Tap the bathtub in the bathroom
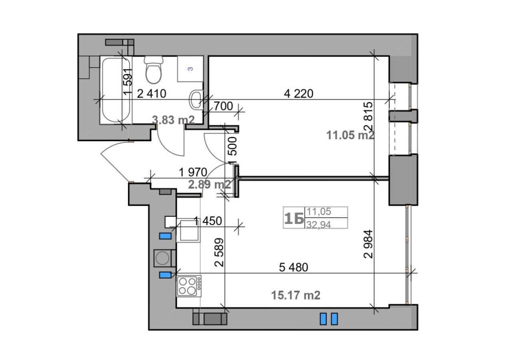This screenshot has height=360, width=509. pyautogui.click(x=116, y=90)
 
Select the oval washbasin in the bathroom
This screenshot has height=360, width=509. pyautogui.click(x=196, y=99)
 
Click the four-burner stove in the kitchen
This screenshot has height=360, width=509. pyautogui.click(x=189, y=286)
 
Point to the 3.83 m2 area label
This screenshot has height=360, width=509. pyautogui.click(x=173, y=120)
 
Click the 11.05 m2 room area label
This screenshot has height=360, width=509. pyautogui.click(x=350, y=135)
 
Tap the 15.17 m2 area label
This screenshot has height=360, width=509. pyautogui.click(x=296, y=295)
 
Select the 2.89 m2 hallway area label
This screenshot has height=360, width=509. pyautogui.click(x=210, y=184)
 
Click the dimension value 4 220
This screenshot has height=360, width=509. pyautogui.click(x=299, y=94)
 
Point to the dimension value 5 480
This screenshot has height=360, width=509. pyautogui.click(x=293, y=267)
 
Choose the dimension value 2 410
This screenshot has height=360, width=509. pyautogui.click(x=152, y=94)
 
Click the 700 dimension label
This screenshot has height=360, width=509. pyautogui.click(x=224, y=106)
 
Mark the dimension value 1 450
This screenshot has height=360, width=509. pyautogui.click(x=208, y=221)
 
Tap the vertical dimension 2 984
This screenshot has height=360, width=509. pyautogui.click(x=368, y=244)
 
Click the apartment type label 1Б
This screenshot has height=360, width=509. pyautogui.click(x=294, y=218)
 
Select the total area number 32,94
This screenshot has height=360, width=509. pyautogui.click(x=319, y=225)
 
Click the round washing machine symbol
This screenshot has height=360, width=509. pyautogui.click(x=162, y=258)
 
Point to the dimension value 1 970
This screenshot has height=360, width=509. pyautogui.click(x=193, y=172)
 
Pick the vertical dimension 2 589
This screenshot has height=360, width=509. pyautogui.click(x=219, y=252)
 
